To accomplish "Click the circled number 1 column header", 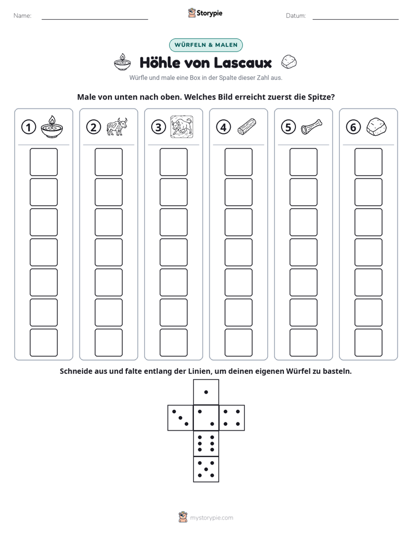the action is click(28, 127).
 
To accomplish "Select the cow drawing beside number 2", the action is click(117, 127).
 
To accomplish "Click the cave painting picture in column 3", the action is click(182, 127).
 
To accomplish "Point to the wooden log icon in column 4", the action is click(247, 127).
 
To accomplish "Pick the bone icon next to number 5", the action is click(312, 127).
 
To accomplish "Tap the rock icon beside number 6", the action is click(376, 127).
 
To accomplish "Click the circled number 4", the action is click(223, 127).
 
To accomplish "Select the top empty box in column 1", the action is click(43, 162).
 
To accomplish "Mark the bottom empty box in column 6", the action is click(369, 343).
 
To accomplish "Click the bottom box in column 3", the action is click(174, 343).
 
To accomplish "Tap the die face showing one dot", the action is click(206, 392).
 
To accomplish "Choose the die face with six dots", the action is click(206, 443).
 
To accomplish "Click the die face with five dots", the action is click(206, 469).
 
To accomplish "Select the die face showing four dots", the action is click(232, 418).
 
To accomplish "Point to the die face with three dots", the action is click(181, 418).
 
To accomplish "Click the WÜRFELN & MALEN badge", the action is click(206, 45).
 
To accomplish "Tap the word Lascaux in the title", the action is click(243, 62).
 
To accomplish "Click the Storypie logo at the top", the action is click(205, 13).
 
